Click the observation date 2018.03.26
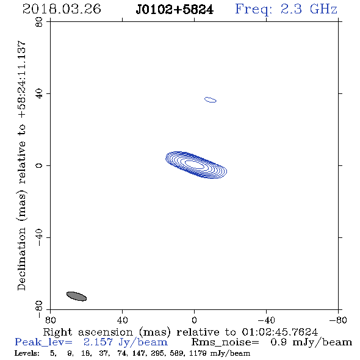pyautogui.click(x=62, y=9)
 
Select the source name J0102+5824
pyautogui.click(x=175, y=9)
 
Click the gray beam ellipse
pyautogui.click(x=76, y=296)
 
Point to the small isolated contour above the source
pyautogui.click(x=211, y=99)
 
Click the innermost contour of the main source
pyautogui.click(x=194, y=164)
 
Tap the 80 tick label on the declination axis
pyautogui.click(x=39, y=22)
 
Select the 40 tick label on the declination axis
pyautogui.click(x=39, y=94)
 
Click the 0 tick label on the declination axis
pyautogui.click(x=39, y=165)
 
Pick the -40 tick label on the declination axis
pyautogui.click(x=39, y=237)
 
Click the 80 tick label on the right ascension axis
pyautogui.click(x=50, y=320)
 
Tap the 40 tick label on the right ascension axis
pyautogui.click(x=122, y=320)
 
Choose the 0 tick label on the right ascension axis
pyautogui.click(x=194, y=320)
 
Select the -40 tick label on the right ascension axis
pyautogui.click(x=266, y=320)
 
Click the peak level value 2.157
pyautogui.click(x=98, y=342)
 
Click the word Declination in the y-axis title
pyautogui.click(x=21, y=259)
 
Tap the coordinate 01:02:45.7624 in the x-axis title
pyautogui.click(x=279, y=332)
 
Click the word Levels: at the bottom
pyautogui.click(x=27, y=353)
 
